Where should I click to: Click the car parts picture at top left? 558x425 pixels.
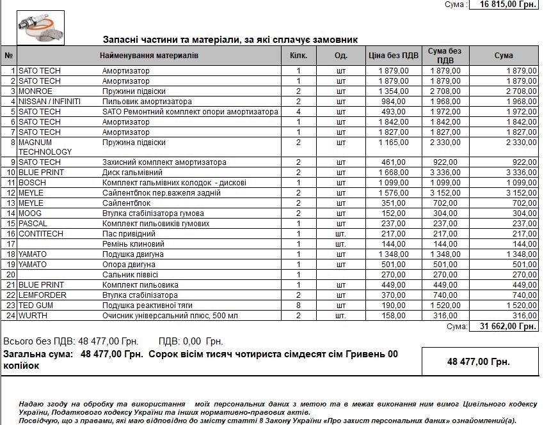[40, 27]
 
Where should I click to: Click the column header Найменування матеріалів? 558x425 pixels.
[149, 56]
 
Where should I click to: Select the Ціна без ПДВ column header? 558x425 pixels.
[394, 56]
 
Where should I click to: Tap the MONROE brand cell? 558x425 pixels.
[35, 91]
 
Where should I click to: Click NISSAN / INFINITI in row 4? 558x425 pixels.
[49, 102]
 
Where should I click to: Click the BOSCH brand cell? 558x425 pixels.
[32, 183]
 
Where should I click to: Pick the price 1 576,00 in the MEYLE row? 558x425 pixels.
[394, 193]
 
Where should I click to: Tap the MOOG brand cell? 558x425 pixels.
[30, 213]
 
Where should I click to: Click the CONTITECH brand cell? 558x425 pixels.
[41, 234]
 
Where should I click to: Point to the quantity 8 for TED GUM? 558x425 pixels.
[298, 305]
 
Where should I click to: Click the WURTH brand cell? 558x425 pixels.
[33, 316]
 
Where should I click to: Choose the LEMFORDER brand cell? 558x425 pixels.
[42, 295]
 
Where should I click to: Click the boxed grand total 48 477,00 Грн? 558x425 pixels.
[479, 362]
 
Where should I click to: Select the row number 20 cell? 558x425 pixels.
[10, 275]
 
